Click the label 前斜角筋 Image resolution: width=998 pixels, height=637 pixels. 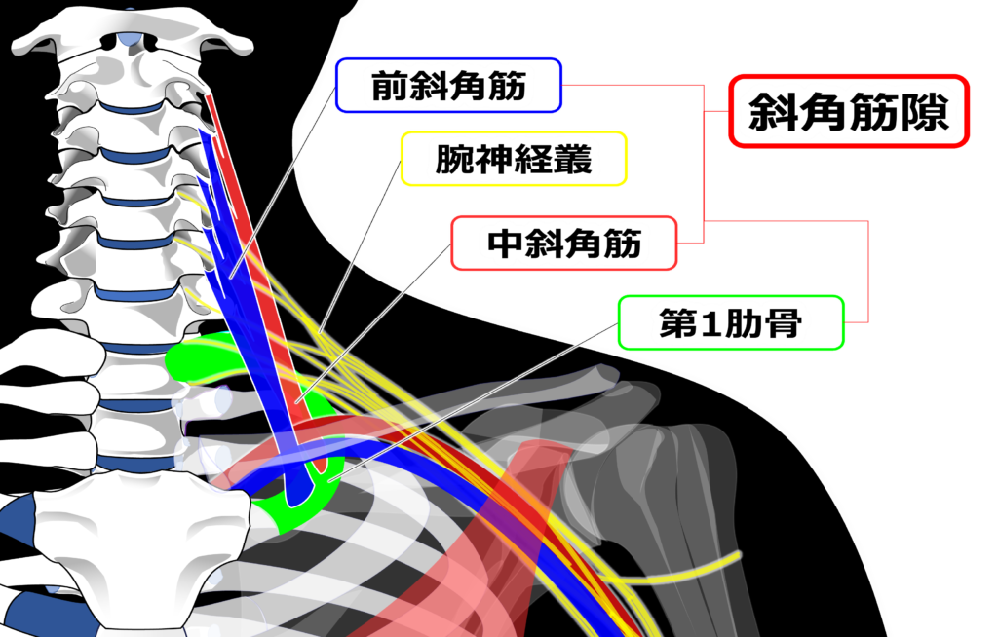[448, 88]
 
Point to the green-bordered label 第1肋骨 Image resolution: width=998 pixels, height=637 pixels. [731, 323]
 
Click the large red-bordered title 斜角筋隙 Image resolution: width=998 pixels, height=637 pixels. [848, 113]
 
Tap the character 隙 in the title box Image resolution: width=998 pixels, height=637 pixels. [925, 113]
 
